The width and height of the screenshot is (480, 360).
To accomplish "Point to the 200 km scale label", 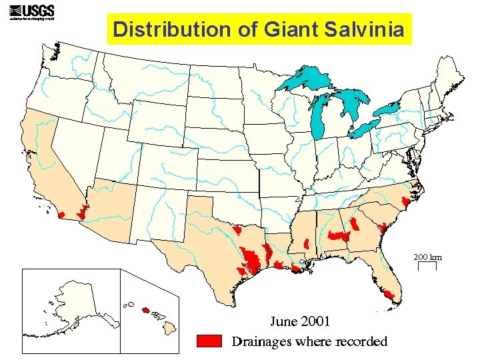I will pos(427,257).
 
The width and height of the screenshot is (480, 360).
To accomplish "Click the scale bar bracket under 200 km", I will pos(427,266).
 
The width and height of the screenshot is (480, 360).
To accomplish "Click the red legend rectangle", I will pos(209,341).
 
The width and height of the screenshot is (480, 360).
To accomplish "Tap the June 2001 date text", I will pos(299,321).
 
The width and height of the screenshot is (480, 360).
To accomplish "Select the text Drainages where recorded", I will pos(309,342).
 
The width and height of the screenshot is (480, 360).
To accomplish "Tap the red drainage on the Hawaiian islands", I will pos(145,309).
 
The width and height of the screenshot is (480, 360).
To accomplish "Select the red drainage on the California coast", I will pos(61,215).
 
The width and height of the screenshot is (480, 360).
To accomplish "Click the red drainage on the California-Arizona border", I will pos(83,212).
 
